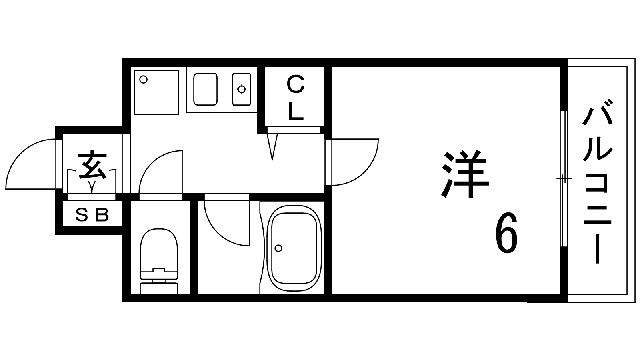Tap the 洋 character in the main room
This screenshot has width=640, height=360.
465,175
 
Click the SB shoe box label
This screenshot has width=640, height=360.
92,216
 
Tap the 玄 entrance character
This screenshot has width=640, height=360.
92,165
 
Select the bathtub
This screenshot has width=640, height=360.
294,248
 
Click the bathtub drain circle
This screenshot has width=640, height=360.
278,248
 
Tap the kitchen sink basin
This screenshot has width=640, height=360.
205,89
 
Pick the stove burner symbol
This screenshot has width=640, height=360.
242,89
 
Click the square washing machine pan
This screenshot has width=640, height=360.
156,92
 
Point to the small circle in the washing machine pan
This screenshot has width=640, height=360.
144,79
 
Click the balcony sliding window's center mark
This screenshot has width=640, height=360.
564,178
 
